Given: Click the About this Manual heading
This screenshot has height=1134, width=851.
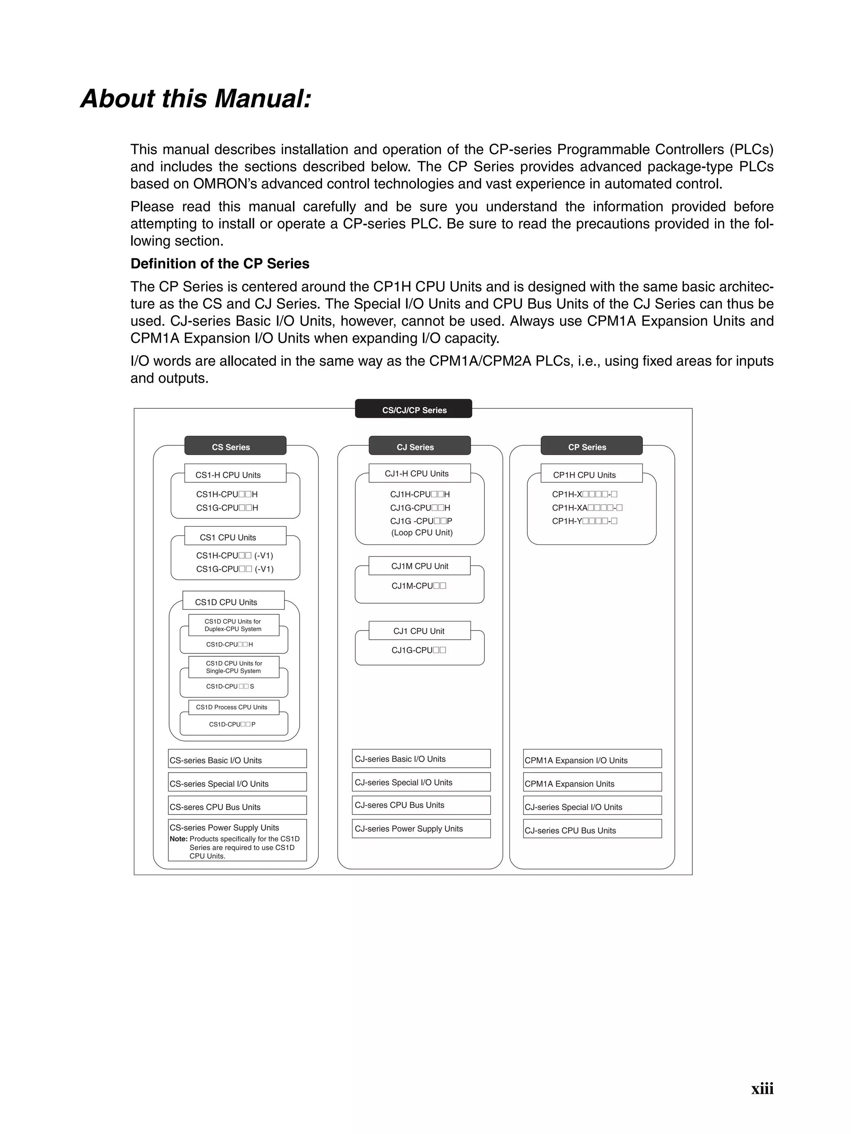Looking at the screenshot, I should pos(196,98).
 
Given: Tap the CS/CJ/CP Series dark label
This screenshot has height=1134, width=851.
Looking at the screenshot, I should pos(413,410).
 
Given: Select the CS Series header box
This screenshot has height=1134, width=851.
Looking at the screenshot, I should pos(235,446).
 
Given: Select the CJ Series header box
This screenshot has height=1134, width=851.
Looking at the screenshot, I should pos(419,446).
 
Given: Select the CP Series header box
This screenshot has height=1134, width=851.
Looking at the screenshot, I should pos(591,446).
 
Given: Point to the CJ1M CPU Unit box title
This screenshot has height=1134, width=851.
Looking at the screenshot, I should pos(419,566).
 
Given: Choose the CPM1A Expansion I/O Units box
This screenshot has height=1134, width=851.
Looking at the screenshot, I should pos(592,759).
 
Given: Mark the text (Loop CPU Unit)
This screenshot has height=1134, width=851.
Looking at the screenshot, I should pos(422,533).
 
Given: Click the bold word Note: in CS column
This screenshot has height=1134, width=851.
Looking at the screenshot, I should pos(179,839).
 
